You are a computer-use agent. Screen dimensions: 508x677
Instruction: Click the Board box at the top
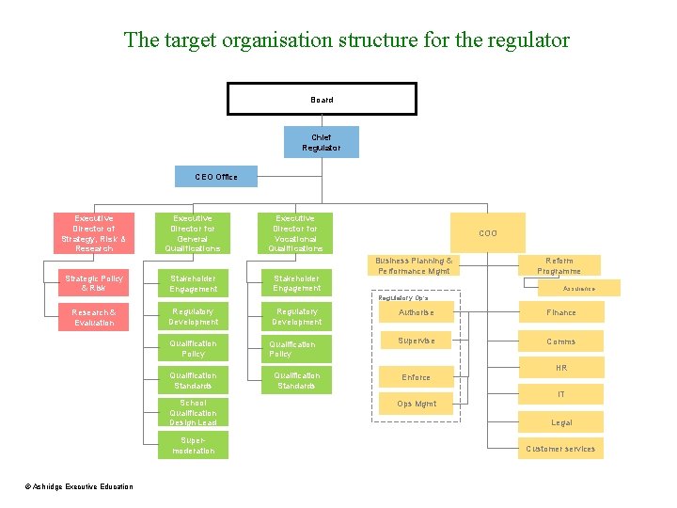(x=322, y=99)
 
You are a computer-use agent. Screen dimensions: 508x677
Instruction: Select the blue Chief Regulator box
(x=322, y=142)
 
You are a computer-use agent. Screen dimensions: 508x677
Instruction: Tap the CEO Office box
(x=215, y=176)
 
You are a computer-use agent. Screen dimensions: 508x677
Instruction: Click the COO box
(x=488, y=233)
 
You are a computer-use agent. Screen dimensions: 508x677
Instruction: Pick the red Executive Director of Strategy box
(x=93, y=232)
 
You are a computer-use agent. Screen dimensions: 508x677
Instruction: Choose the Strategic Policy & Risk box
(x=93, y=283)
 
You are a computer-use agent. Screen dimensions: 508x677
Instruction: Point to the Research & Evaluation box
(x=93, y=317)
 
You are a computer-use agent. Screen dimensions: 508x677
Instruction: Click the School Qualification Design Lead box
(x=193, y=413)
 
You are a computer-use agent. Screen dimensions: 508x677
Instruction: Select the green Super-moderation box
(x=193, y=445)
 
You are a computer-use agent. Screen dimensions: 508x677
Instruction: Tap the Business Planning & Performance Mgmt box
(x=413, y=266)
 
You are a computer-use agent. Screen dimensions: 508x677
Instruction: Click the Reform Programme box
(x=559, y=266)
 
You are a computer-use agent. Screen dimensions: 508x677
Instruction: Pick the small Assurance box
(x=578, y=289)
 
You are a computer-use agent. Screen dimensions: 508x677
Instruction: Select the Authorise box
(x=416, y=312)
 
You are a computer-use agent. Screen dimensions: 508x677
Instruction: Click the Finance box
(x=561, y=312)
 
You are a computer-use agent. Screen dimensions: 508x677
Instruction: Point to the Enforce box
(x=416, y=377)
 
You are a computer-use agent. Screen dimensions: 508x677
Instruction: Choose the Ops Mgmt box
(x=416, y=404)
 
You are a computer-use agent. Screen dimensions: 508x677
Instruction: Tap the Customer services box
(x=561, y=449)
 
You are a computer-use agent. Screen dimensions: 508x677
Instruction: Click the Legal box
(x=561, y=423)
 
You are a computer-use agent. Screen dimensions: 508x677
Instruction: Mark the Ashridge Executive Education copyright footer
(x=79, y=486)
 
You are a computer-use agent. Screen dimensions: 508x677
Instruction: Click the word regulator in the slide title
(x=527, y=40)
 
